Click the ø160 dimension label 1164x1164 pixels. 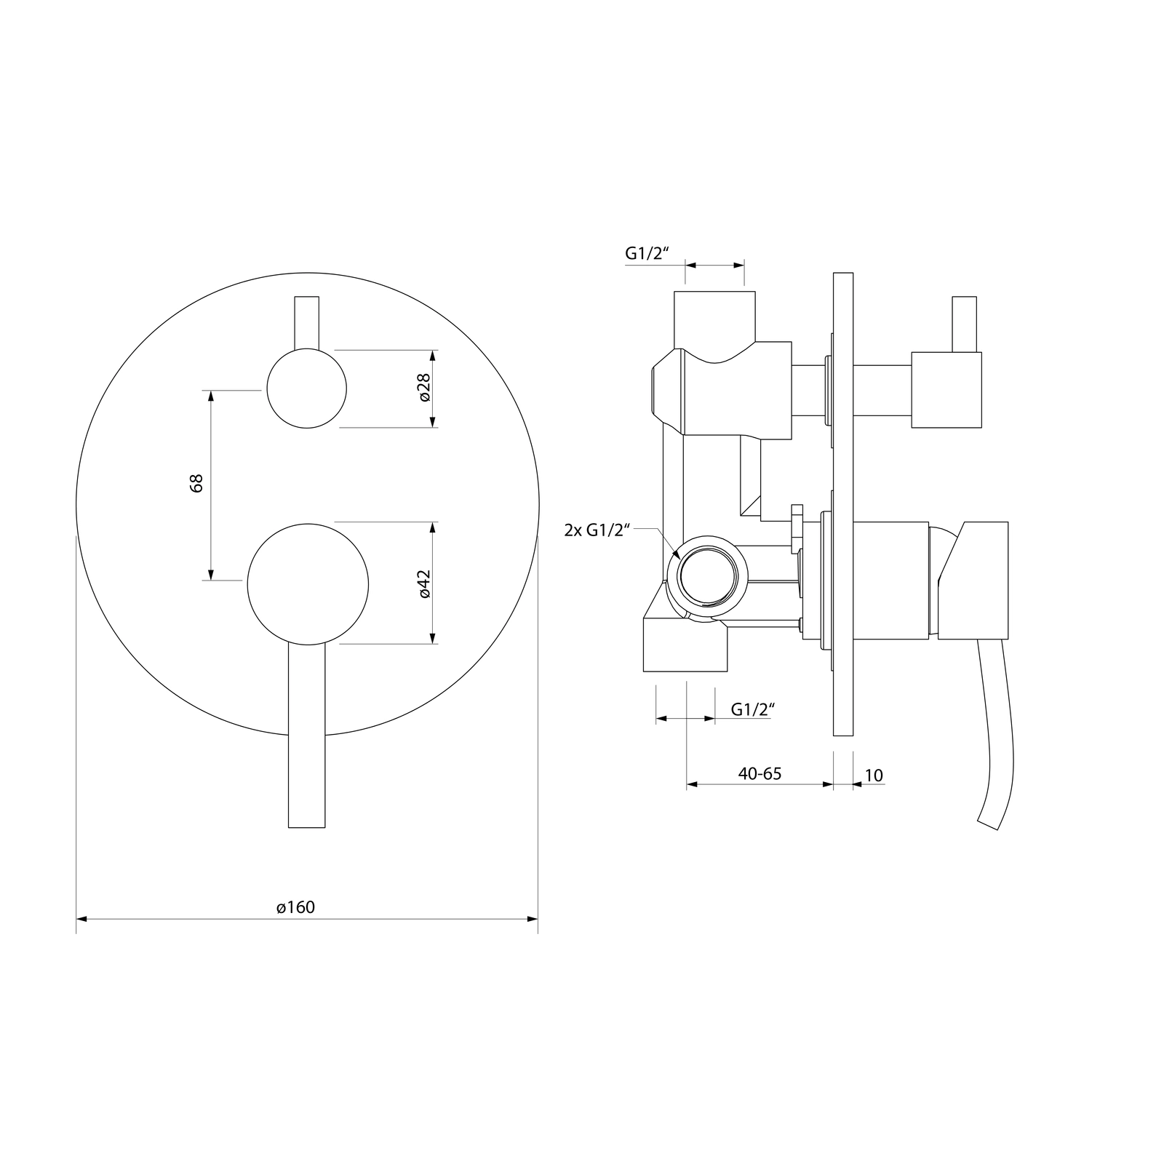click(295, 907)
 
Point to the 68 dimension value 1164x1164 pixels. click(196, 484)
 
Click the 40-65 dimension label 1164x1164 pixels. click(760, 773)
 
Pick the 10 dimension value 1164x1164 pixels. click(874, 776)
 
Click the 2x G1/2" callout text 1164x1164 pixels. click(597, 530)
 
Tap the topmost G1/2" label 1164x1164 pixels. click(647, 253)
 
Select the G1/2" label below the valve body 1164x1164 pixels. click(750, 709)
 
